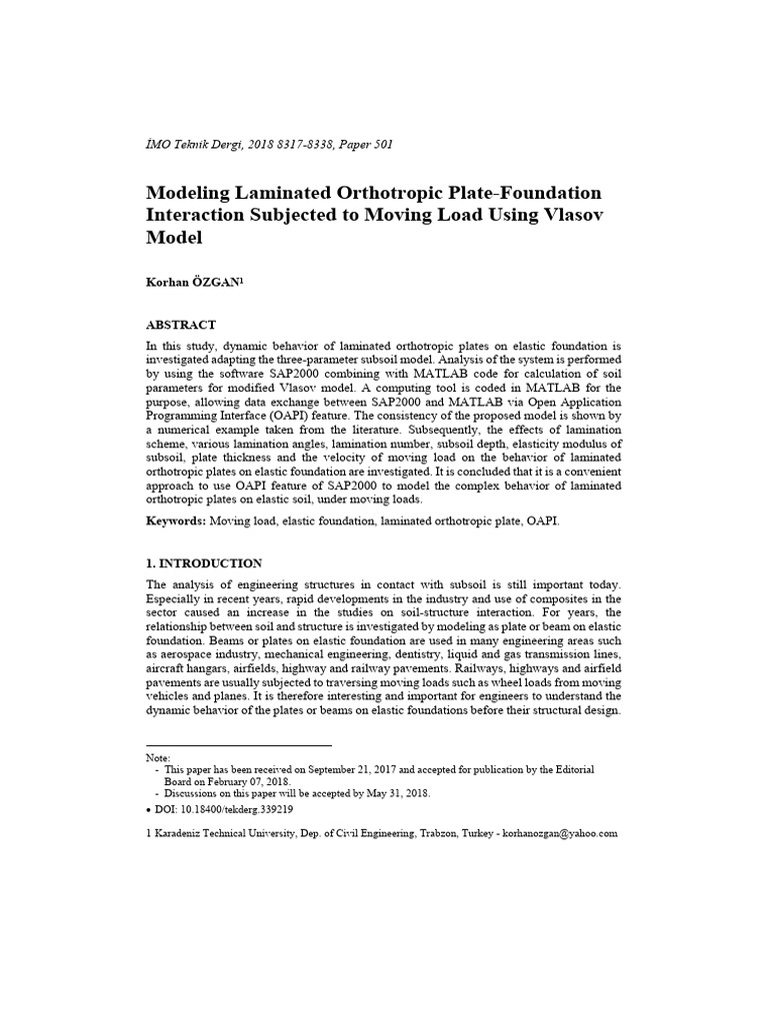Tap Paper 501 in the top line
(x=365, y=145)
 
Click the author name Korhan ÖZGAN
(x=194, y=283)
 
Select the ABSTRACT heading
(x=181, y=325)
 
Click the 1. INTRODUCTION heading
(x=204, y=563)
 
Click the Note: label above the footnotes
(x=158, y=758)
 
